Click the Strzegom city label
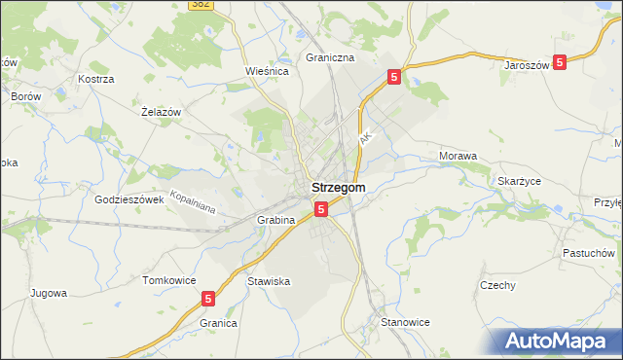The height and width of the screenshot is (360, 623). point(338,188)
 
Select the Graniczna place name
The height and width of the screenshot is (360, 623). point(330,57)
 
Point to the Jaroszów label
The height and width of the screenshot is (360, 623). point(528,65)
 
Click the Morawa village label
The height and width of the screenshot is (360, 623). point(458,156)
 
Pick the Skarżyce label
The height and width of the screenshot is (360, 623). point(519,181)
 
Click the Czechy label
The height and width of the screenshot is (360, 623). point(497,285)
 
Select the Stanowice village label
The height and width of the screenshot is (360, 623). point(405,322)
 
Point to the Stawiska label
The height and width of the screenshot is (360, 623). point(269,281)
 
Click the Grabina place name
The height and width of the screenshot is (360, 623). point(275,220)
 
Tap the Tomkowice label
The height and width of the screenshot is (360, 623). point(165,280)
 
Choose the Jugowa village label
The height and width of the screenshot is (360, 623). point(48,292)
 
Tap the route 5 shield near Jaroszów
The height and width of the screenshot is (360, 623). point(560,61)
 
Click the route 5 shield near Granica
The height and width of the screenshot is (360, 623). point(209,300)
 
